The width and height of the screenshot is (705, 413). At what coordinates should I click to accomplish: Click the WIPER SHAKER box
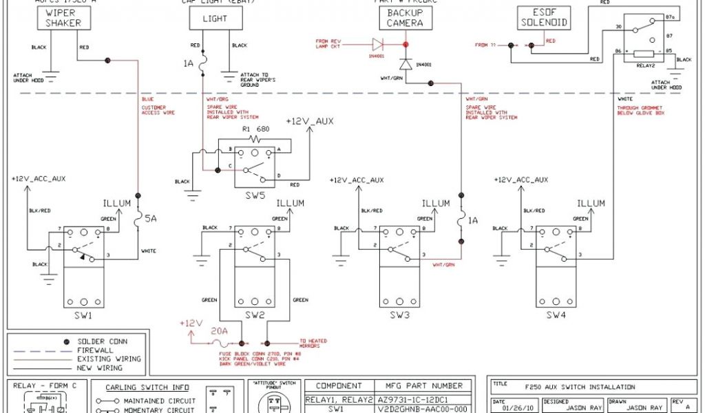pos(63,18)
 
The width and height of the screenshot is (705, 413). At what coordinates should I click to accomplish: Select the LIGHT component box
pos(215,19)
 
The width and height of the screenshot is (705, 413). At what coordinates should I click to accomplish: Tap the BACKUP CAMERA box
pos(405,18)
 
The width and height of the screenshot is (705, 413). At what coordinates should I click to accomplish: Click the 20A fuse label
pos(219,330)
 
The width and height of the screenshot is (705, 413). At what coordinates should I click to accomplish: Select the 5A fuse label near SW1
pos(151,219)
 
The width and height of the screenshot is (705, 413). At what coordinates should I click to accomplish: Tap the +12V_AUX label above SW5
pos(309,122)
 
